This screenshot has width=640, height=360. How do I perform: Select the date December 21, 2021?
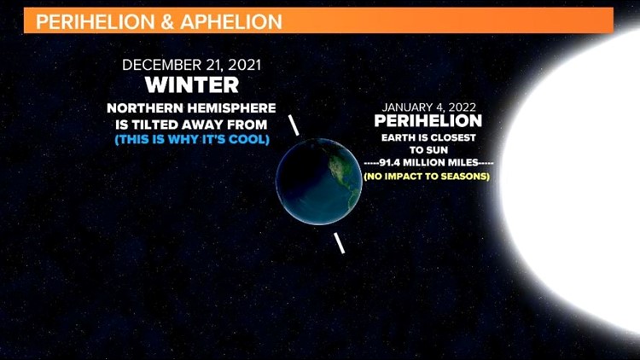pyautogui.click(x=190, y=65)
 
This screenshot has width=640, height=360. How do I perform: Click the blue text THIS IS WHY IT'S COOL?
pyautogui.click(x=191, y=139)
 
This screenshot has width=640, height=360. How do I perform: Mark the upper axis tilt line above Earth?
pyautogui.click(x=294, y=125)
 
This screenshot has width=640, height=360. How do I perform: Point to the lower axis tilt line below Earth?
pyautogui.click(x=340, y=242)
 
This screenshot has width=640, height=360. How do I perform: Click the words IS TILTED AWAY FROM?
pyautogui.click(x=191, y=124)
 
